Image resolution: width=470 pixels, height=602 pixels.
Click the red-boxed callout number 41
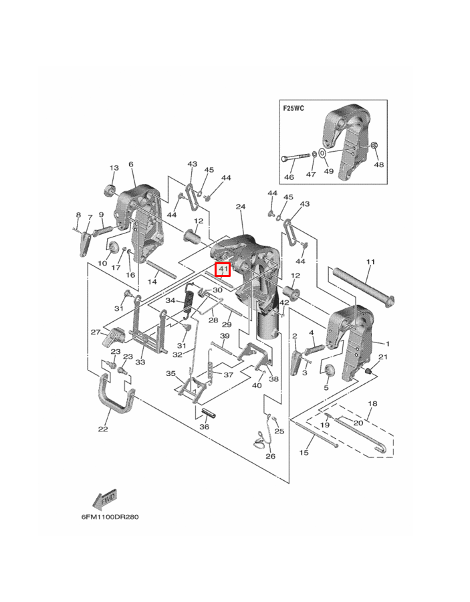[223, 270]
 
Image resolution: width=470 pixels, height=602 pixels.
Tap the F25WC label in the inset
[293, 108]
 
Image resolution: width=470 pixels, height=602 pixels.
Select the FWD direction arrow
[104, 500]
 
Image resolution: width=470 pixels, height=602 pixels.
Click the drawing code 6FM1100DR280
[110, 517]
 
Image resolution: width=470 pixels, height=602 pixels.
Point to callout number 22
[103, 429]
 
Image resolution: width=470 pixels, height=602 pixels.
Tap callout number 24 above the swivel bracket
[241, 207]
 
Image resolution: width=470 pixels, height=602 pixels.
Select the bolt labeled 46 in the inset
[296, 158]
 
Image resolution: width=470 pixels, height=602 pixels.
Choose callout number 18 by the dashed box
[372, 403]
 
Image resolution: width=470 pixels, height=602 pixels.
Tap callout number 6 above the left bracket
[131, 164]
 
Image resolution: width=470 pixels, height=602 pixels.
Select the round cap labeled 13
[110, 191]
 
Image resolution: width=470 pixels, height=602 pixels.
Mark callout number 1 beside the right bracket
[388, 343]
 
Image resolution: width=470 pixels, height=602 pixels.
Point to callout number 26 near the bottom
[271, 456]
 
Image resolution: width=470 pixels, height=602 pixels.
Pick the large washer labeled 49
[323, 155]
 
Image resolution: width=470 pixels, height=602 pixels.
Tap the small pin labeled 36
[209, 413]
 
